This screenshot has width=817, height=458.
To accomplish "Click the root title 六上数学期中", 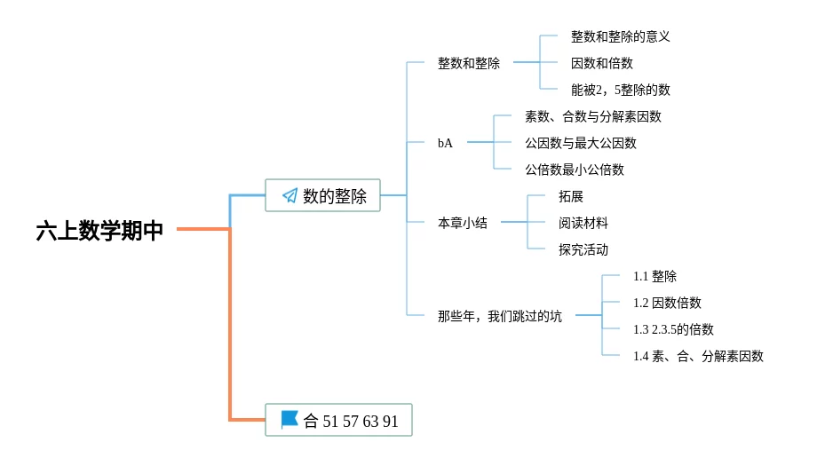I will coord(99,231).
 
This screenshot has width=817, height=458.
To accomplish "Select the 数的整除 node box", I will coord(322,195).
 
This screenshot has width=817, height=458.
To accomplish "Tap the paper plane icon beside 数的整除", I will coord(290,195).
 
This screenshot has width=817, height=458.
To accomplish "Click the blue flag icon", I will coord(290,419).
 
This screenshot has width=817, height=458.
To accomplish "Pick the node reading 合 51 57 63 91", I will coord(338,420).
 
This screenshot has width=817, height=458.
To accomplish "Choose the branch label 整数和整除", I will coord(468,63).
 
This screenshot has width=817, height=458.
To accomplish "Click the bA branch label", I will coord(445,143).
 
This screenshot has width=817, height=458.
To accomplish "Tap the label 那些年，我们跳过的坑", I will coord(499,316).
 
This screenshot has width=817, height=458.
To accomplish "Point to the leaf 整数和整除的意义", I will coord(620,36).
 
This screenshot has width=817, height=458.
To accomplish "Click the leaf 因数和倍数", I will coord(601,63).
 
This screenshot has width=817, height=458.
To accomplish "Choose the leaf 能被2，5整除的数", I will coord(620,90).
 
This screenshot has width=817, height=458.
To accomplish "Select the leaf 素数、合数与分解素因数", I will coord(592,116).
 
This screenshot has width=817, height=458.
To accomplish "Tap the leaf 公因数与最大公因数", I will coord(580,143).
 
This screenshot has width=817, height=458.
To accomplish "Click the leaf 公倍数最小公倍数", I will coord(574,170).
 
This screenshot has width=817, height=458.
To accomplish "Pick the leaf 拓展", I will coord(570,196).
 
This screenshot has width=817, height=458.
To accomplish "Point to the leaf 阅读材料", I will coord(583,223).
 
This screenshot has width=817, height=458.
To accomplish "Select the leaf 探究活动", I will coord(583,249).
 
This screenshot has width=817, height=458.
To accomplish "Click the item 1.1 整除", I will coord(654,276).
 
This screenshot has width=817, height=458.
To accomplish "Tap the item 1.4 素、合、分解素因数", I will coord(697,356).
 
